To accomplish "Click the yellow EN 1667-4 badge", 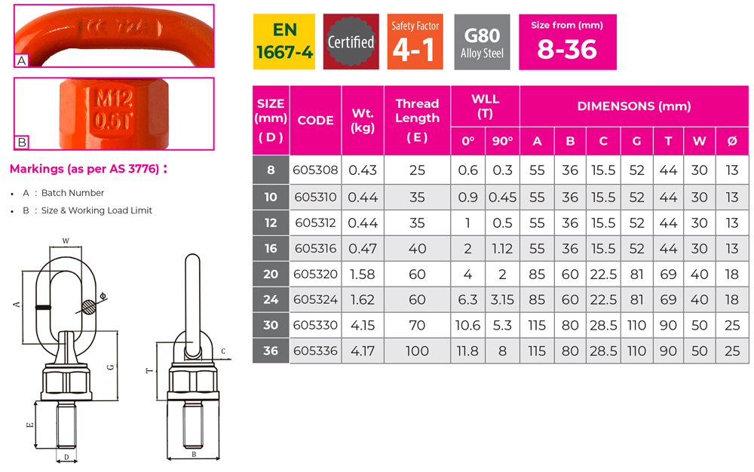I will [284, 42].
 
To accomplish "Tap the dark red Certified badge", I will [351, 42].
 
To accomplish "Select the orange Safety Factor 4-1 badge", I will [415, 42].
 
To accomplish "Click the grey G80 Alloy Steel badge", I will [482, 42].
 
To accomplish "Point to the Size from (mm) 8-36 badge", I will [567, 42].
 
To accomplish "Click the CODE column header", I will [315, 121].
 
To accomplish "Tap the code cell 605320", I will [315, 274].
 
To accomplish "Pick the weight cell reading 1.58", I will [363, 274].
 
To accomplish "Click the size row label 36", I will [271, 351].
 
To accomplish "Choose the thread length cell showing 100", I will [417, 351].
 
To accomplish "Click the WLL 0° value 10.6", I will [468, 326].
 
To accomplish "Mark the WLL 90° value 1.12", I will [502, 249].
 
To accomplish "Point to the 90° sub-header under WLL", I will [502, 141].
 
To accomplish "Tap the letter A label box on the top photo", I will [22, 61].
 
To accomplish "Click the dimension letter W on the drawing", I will [66, 241].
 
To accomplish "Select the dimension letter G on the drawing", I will [111, 367].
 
